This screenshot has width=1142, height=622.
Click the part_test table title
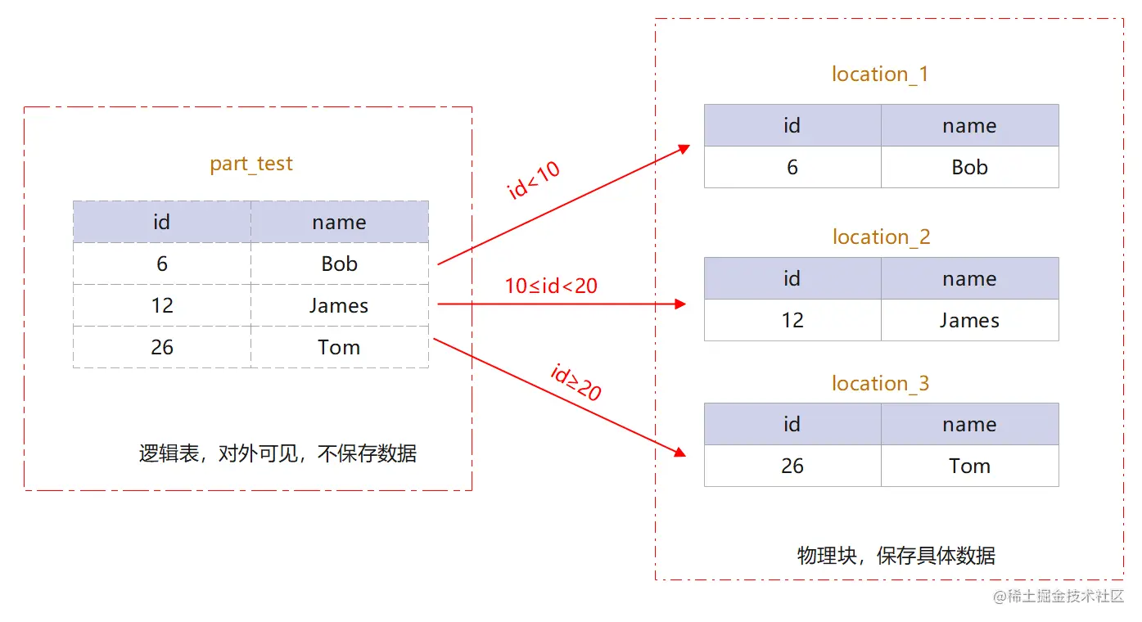click(251, 164)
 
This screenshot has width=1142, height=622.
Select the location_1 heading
click(880, 74)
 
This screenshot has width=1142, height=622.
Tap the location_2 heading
click(881, 237)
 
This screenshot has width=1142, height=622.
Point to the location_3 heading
click(880, 384)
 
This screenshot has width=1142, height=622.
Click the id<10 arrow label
click(534, 180)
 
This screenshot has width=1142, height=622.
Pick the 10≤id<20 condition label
click(551, 286)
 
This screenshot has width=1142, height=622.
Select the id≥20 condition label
click(576, 382)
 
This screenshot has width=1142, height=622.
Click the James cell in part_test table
click(339, 306)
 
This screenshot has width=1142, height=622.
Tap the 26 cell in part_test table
click(162, 348)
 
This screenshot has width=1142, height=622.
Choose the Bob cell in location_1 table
click(969, 168)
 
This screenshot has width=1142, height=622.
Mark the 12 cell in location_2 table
click(792, 320)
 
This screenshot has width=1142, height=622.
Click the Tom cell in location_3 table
click(969, 466)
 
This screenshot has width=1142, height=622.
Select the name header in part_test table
click(339, 223)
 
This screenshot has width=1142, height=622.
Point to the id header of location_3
click(792, 425)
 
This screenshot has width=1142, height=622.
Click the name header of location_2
click(969, 279)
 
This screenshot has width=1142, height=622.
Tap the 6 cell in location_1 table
click(792, 168)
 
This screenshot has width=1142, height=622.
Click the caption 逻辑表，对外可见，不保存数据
click(278, 453)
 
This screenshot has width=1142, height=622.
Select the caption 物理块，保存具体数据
click(896, 557)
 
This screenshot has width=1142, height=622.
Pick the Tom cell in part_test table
click(339, 348)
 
